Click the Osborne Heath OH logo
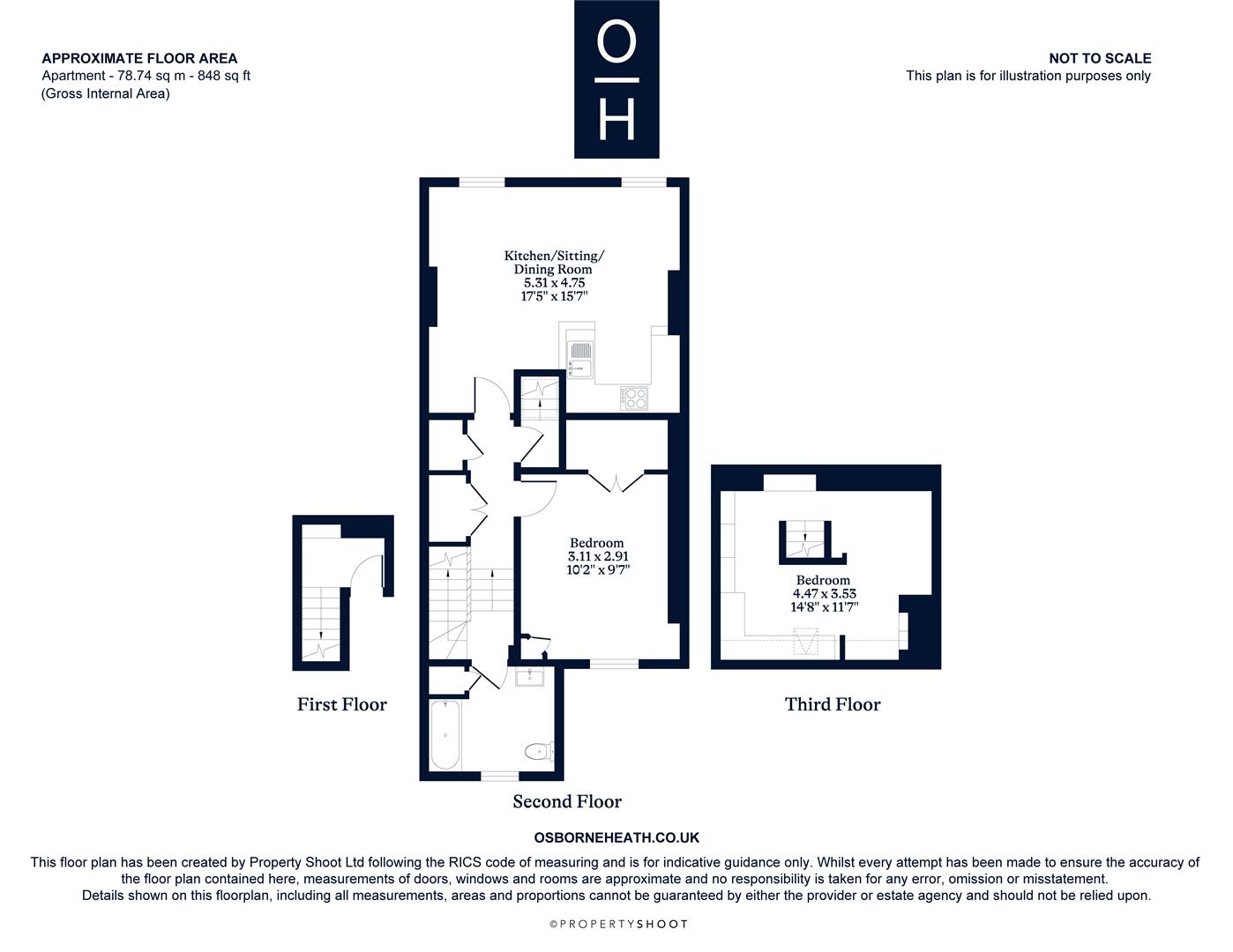[x=616, y=79]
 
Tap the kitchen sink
[x=580, y=360]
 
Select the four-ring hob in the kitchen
[x=634, y=398]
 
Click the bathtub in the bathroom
[x=445, y=735]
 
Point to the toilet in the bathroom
[x=539, y=751]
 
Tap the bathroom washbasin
[x=529, y=677]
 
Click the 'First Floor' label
[x=342, y=705]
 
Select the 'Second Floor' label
[x=567, y=802]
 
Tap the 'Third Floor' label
[x=833, y=705]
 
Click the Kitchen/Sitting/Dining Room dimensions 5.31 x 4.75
[x=554, y=282]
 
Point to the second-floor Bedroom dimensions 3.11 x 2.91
[x=598, y=556]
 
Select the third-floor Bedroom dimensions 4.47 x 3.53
[x=824, y=593]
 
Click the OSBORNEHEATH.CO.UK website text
[x=616, y=837]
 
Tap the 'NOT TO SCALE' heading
[x=1100, y=58]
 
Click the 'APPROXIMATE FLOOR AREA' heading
[x=139, y=58]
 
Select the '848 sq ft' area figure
[x=223, y=76]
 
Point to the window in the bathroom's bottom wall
[x=499, y=776]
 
